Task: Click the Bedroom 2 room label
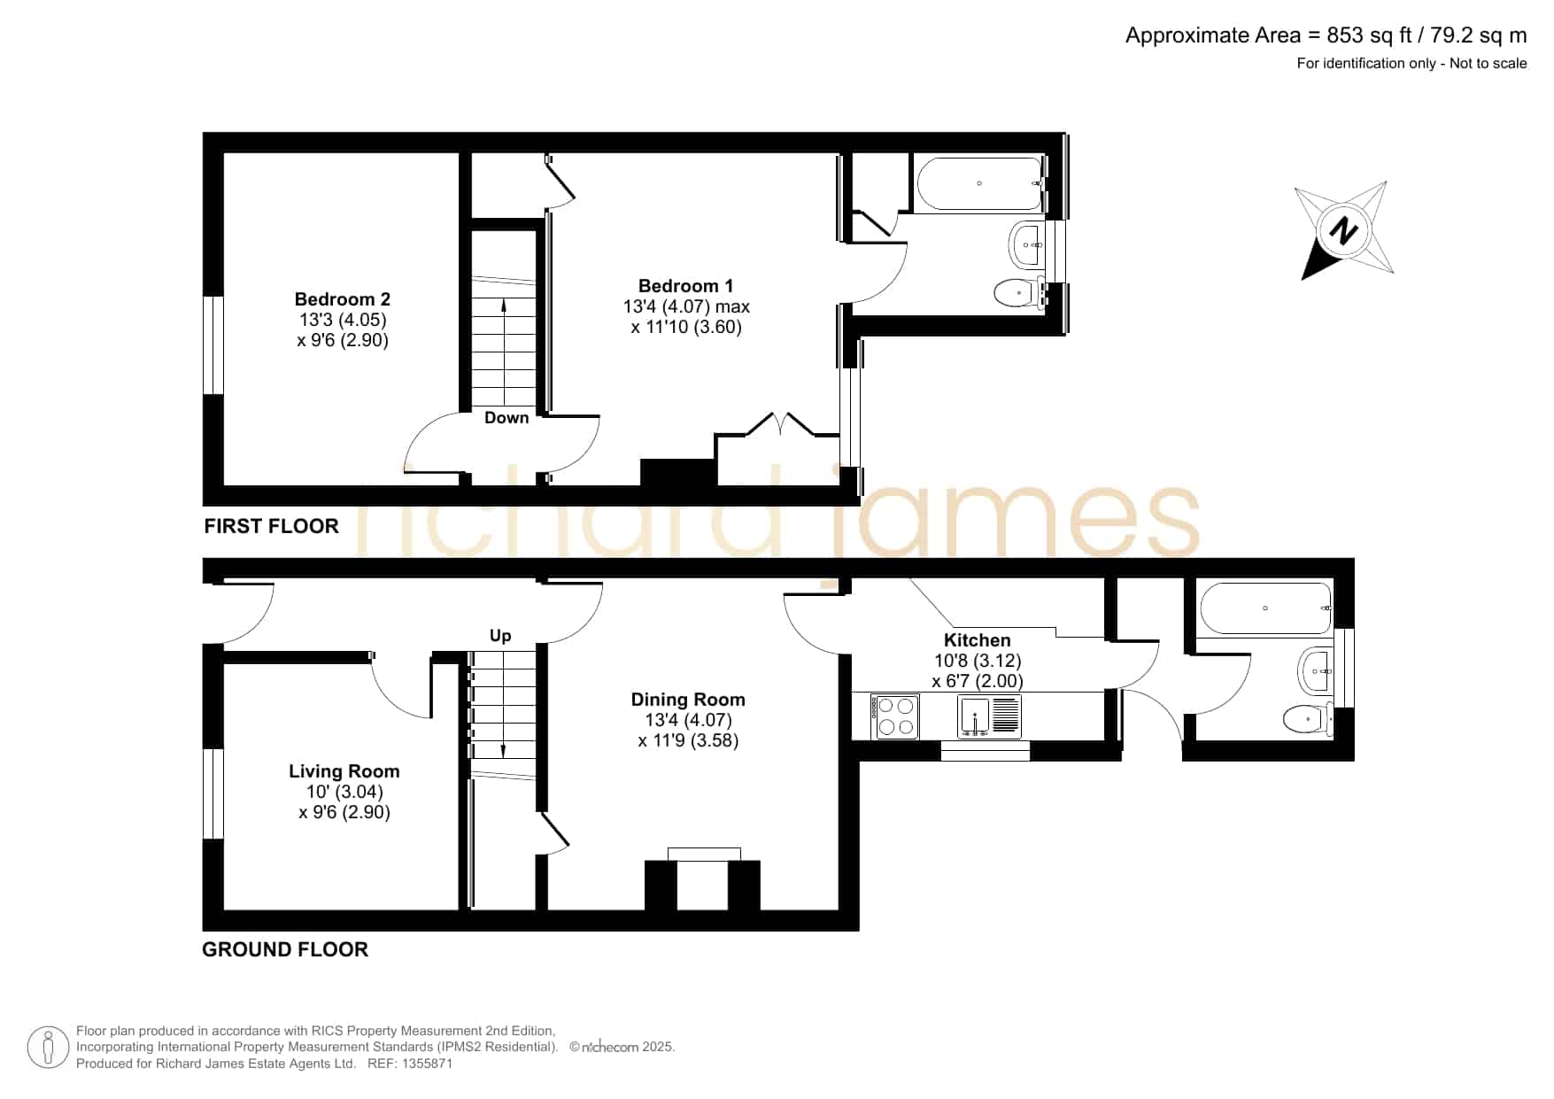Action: pos(342,299)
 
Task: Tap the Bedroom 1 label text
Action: pos(685,286)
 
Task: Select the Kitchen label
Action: pos(977,640)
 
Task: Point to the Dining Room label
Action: pos(688,700)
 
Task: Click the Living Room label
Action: pos(344,771)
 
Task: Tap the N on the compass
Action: pos(1344,232)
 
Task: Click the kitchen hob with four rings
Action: pos(895,716)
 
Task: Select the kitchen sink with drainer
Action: pos(989,716)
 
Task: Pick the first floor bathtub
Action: pos(979,183)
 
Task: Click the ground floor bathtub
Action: pos(1265,608)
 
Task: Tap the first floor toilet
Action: pos(1019,292)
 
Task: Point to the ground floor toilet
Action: pos(1308,719)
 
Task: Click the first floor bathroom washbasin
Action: pos(1027,243)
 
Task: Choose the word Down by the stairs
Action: pos(506,418)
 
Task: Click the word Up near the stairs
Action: pos(500,636)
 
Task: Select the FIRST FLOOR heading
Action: pos(271,526)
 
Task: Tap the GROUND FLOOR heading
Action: pos(285,949)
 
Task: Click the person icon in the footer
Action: pos(48,1048)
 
